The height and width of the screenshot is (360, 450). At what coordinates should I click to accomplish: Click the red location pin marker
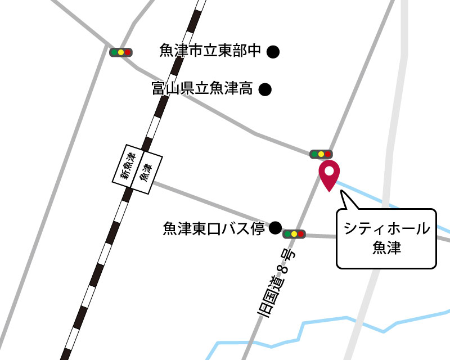pos(329,174)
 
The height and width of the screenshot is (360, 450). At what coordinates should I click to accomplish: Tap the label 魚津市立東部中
pos(210,52)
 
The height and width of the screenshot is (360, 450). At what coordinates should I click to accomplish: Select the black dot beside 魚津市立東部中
pos(273,52)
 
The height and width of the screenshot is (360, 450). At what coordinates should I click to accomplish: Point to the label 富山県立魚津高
pos(202,88)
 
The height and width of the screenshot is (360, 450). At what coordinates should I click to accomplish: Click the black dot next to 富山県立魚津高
pos(265,89)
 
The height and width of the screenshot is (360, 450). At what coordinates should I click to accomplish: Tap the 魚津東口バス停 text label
pos(213,228)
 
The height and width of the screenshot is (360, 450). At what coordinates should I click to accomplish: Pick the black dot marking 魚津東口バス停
pos(275,228)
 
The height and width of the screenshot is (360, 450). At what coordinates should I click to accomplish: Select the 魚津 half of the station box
pos(146,172)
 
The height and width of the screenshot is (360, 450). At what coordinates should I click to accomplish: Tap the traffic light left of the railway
pos(120,52)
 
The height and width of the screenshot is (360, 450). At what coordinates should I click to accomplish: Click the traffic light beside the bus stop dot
pos(294,233)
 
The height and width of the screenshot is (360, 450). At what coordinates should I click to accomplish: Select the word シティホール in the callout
pos(386,229)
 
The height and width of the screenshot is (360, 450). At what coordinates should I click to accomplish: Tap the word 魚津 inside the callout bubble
pos(386,247)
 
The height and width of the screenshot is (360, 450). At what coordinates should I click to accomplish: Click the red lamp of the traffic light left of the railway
pos(128,52)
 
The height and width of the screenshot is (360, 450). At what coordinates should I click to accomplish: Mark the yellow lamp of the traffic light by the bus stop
pos(294,233)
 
